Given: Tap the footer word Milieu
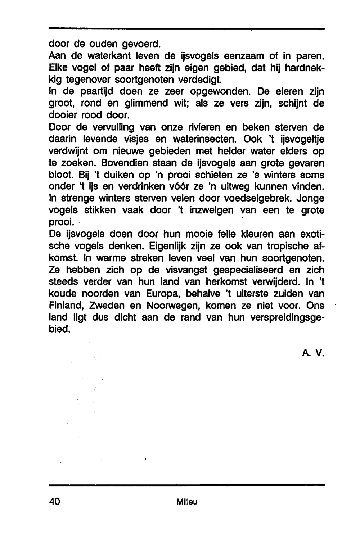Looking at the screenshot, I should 187,502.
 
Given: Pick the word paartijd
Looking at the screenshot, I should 96,92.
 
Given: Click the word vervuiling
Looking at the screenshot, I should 109,127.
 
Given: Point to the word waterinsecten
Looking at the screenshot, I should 203,139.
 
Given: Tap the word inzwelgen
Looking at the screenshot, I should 210,211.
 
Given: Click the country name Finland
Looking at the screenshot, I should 66,306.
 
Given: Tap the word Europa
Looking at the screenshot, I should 157,294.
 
